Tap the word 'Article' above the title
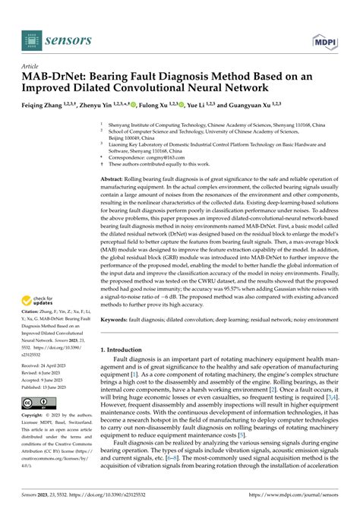click(x=31, y=67)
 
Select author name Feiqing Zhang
click(x=47, y=107)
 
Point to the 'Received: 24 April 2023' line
click(x=46, y=365)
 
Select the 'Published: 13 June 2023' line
click(x=48, y=386)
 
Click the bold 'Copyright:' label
click(x=34, y=416)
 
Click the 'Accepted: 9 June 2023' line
click(x=45, y=379)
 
